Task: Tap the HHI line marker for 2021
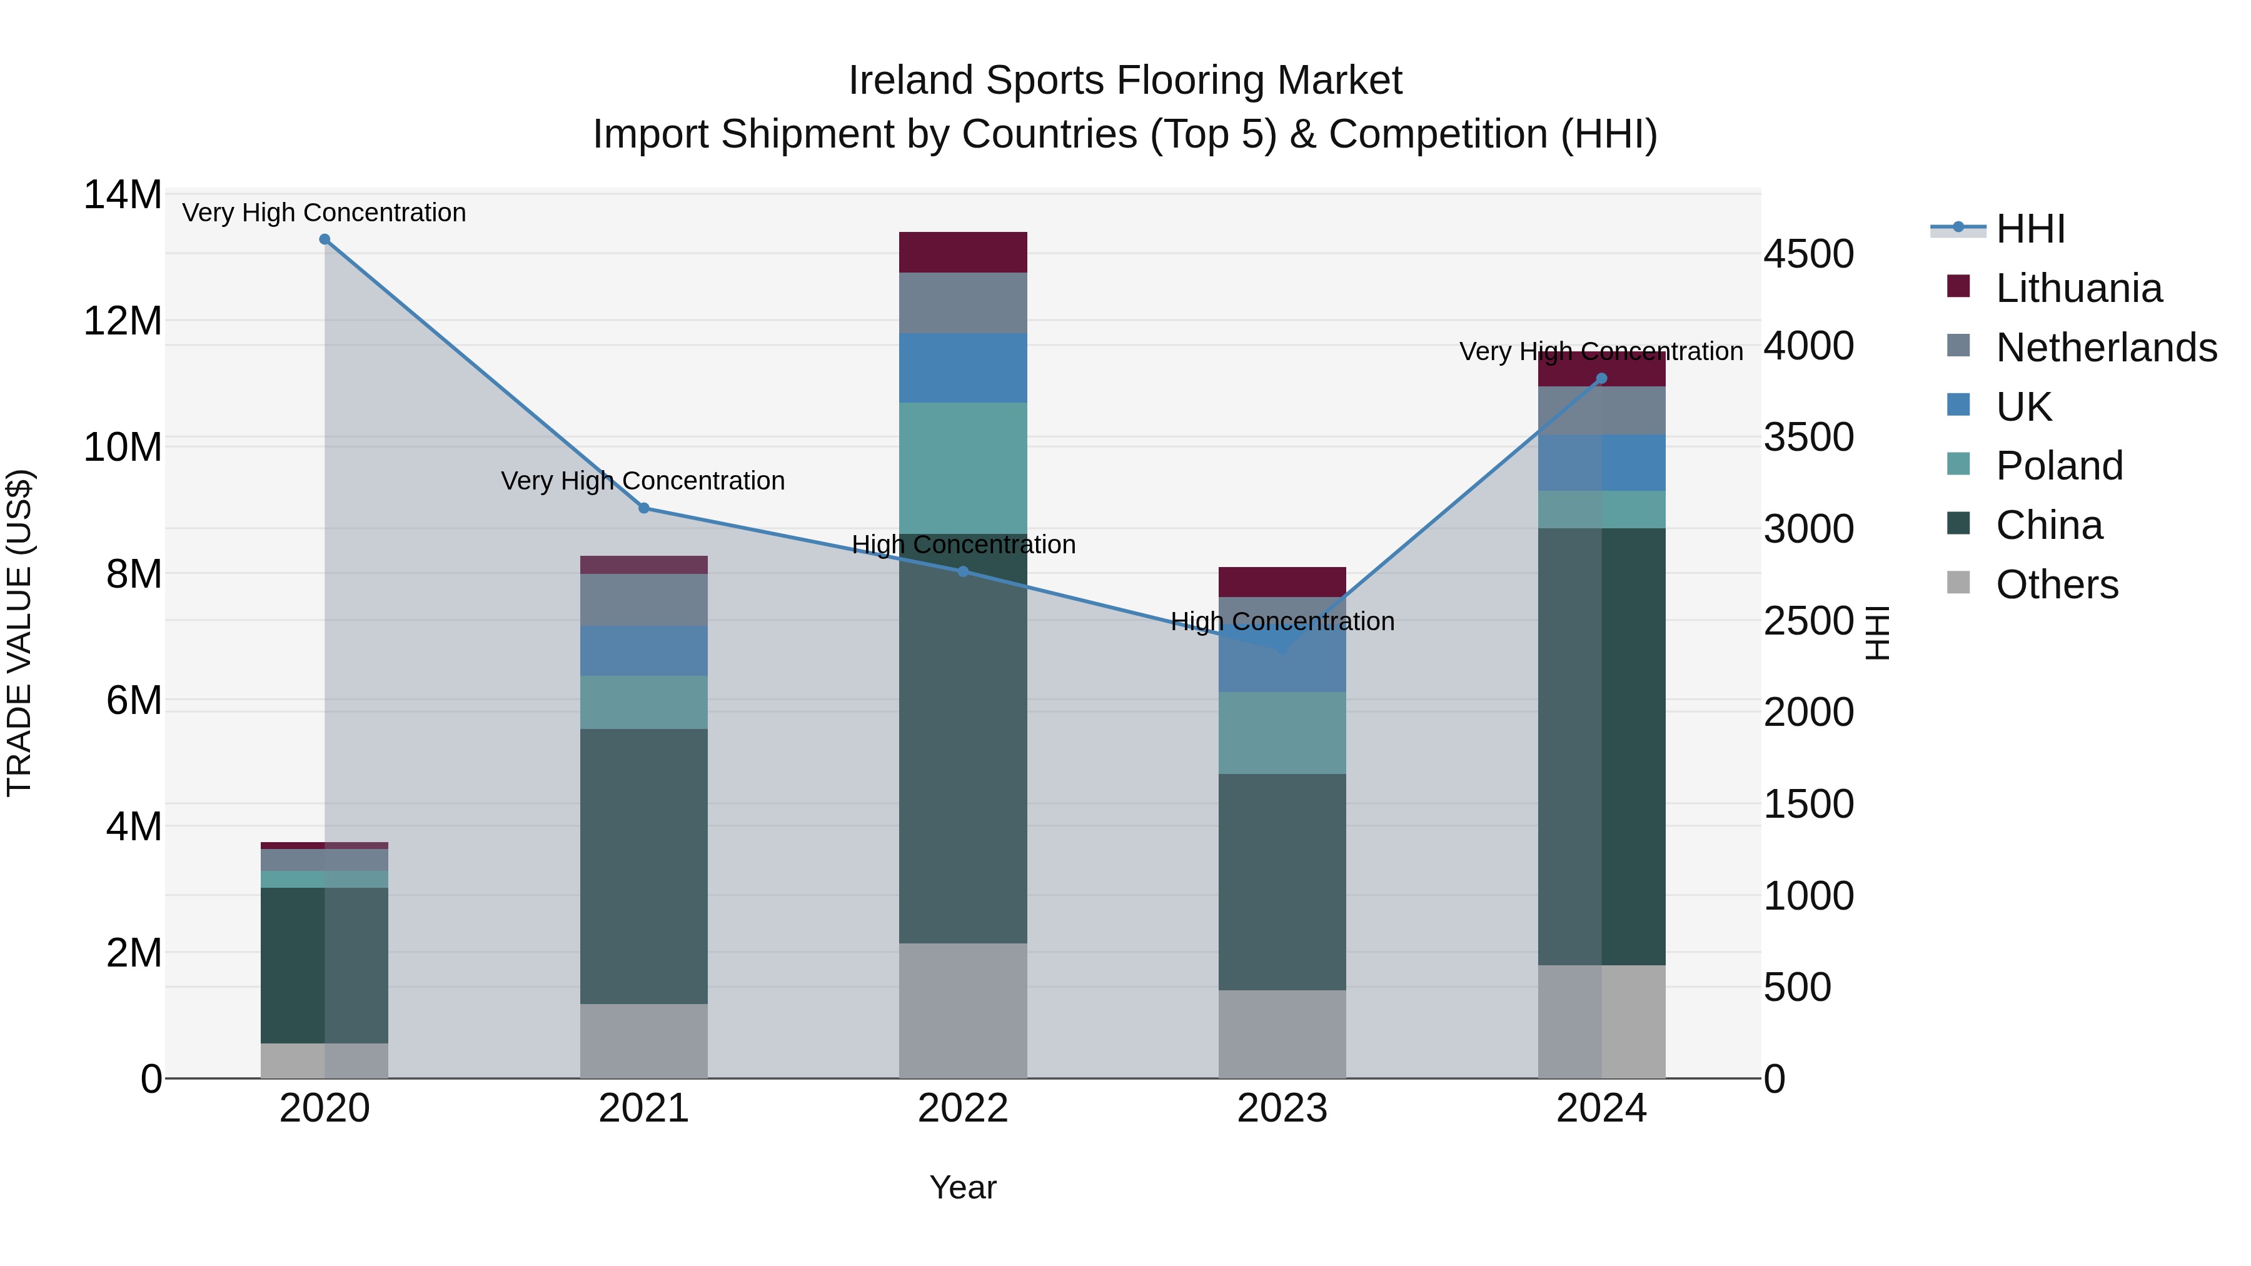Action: click(644, 508)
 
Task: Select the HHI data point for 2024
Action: click(1602, 379)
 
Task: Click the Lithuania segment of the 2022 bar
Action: click(963, 253)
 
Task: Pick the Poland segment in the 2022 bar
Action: click(963, 468)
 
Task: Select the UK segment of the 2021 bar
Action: click(644, 651)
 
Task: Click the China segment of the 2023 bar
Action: click(1282, 882)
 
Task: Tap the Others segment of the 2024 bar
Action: click(1602, 1022)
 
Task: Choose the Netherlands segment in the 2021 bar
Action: click(644, 600)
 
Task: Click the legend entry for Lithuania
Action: click(2079, 288)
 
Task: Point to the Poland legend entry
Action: click(2059, 466)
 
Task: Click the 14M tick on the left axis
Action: click(123, 195)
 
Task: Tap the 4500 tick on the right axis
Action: click(1808, 254)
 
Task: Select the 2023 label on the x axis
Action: click(1282, 1108)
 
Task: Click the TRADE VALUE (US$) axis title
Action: click(19, 633)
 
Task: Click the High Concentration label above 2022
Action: click(963, 545)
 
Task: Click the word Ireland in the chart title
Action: click(912, 81)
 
